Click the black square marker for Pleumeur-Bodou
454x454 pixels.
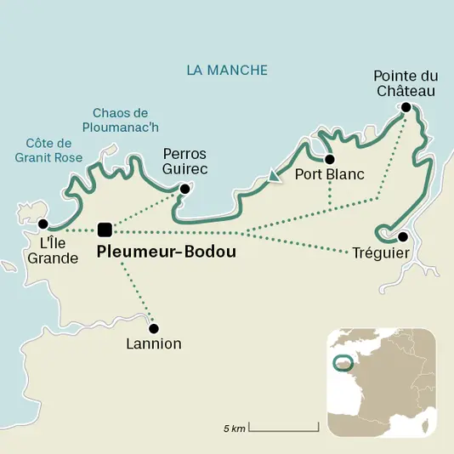click(x=105, y=229)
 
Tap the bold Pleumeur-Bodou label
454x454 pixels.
click(x=166, y=253)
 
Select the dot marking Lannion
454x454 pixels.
click(x=154, y=328)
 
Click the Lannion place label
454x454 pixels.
click(x=154, y=345)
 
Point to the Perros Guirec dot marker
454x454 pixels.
click(x=184, y=190)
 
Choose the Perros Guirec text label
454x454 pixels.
click(x=184, y=162)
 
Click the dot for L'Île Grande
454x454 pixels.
click(x=43, y=224)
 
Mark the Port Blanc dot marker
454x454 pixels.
click(x=329, y=159)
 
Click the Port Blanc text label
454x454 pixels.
click(x=329, y=175)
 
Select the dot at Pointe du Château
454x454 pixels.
click(x=406, y=107)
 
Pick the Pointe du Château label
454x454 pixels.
click(x=406, y=83)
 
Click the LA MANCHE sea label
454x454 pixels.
click(x=227, y=70)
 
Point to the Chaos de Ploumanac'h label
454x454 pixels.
click(x=120, y=120)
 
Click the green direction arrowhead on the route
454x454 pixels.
click(x=273, y=177)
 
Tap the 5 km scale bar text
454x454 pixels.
click(x=235, y=428)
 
